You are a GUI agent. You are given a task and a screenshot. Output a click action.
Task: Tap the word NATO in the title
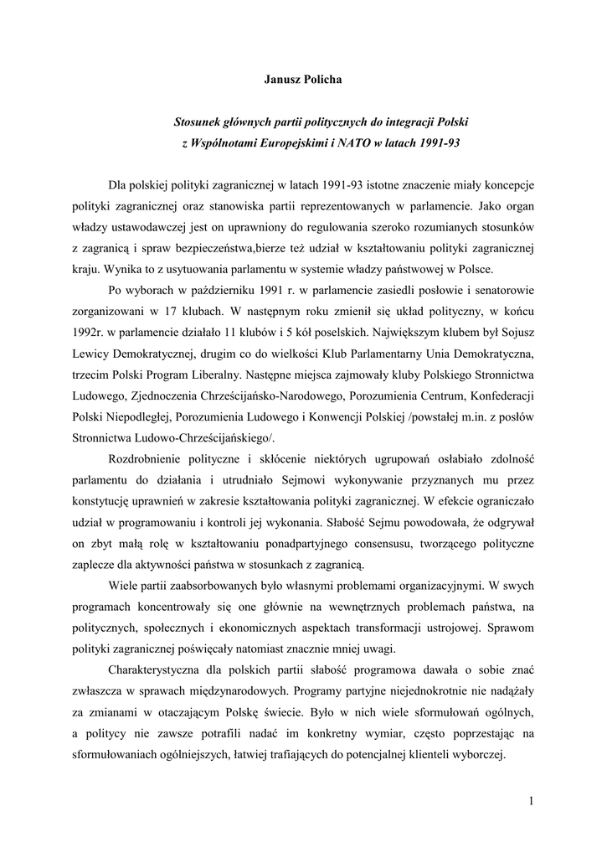[x=358, y=143]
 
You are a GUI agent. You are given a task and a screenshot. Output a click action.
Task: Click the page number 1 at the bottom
[x=531, y=802]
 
